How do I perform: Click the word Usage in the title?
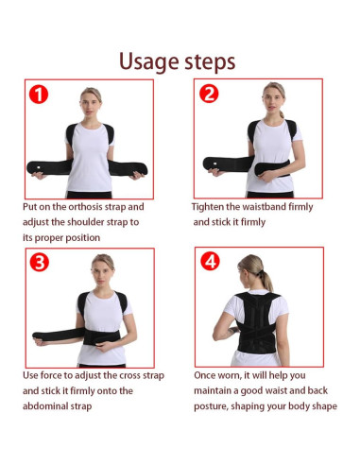click(149, 61)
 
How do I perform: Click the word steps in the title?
click(209, 63)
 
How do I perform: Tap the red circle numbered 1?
click(39, 95)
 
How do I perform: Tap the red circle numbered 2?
click(210, 94)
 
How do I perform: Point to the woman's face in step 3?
click(102, 267)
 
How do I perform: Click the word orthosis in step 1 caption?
click(85, 206)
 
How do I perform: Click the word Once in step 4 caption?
click(207, 375)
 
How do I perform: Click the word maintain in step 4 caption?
click(216, 391)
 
